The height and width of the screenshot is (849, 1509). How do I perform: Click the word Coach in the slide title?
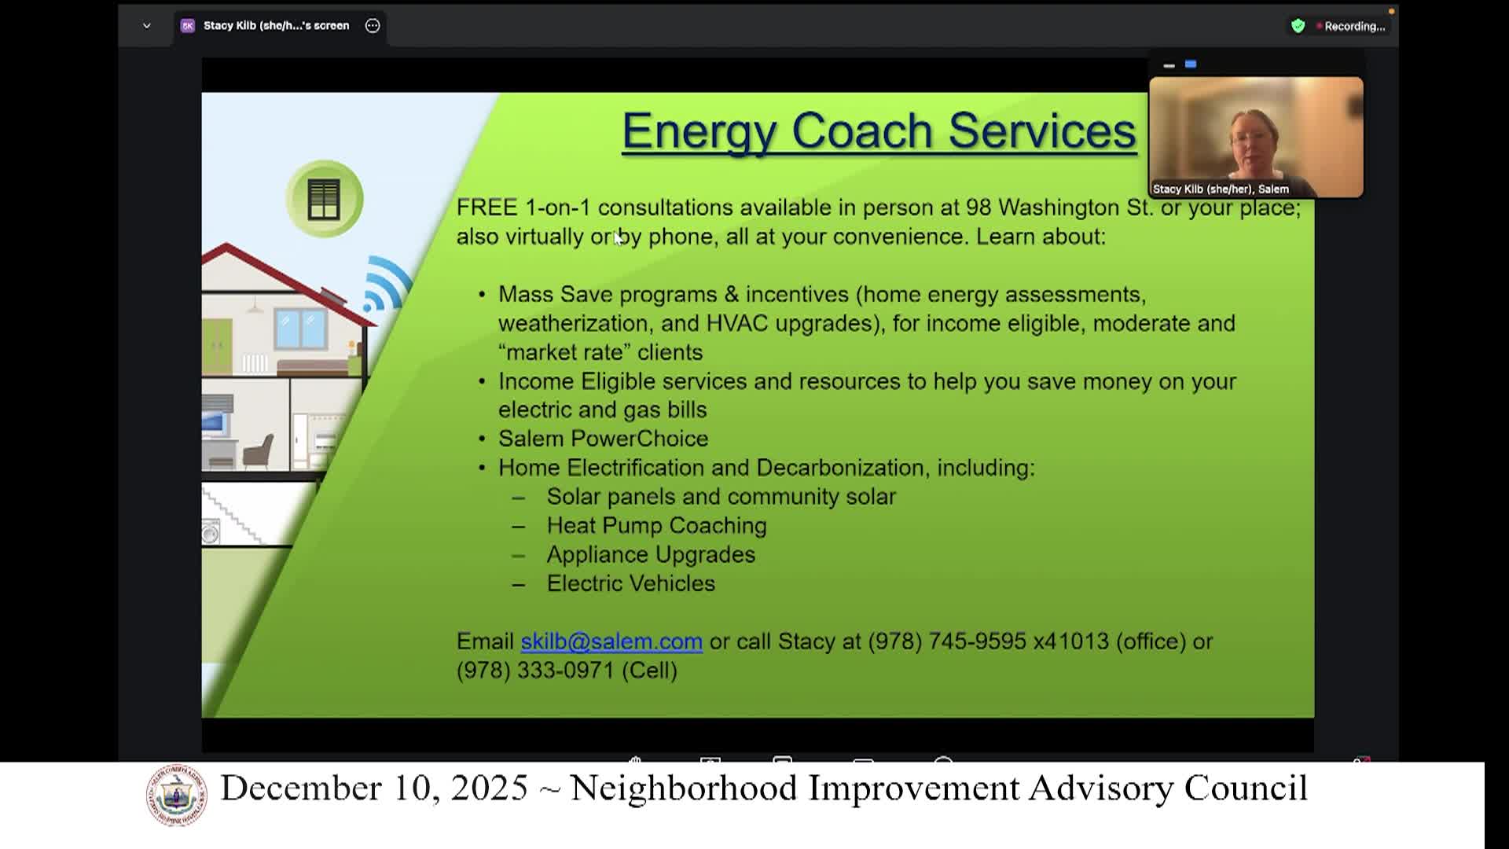pyautogui.click(x=861, y=130)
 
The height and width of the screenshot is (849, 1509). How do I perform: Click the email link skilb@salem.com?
pyautogui.click(x=611, y=641)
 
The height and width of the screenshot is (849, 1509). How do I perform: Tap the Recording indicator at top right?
pyautogui.click(x=1353, y=26)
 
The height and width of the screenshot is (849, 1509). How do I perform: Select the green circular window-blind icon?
pyautogui.click(x=324, y=199)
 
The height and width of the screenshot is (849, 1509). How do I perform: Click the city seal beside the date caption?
pyautogui.click(x=177, y=795)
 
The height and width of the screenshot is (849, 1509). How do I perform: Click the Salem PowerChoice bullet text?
pyautogui.click(x=603, y=439)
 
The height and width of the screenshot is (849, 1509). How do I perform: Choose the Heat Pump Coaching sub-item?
pyautogui.click(x=656, y=526)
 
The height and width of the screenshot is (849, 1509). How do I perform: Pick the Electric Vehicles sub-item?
pyautogui.click(x=630, y=583)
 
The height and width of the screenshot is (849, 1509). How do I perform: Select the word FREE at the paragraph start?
pyautogui.click(x=486, y=208)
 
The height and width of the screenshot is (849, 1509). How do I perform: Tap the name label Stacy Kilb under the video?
pyautogui.click(x=1220, y=189)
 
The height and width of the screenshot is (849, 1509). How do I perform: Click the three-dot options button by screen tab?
pyautogui.click(x=373, y=26)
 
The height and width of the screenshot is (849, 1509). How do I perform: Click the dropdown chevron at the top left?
pyautogui.click(x=146, y=26)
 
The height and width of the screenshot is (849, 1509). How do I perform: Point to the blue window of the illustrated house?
pyautogui.click(x=300, y=329)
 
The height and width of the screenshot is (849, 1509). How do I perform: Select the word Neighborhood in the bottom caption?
pyautogui.click(x=683, y=788)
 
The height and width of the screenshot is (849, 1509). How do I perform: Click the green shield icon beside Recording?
pyautogui.click(x=1298, y=26)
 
